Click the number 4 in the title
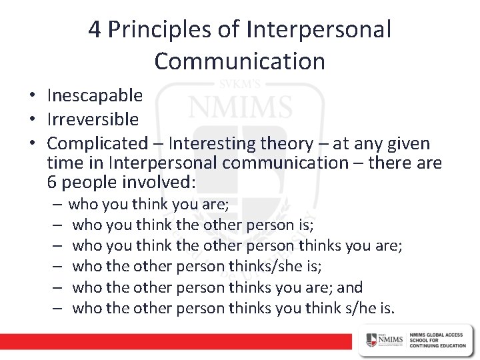pos(95,30)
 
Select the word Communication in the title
pos(239,61)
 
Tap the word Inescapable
pos(95,96)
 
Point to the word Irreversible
pos(93,120)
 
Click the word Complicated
pos(97,143)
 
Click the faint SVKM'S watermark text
pos(239,85)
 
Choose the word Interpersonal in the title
pos(319,30)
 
